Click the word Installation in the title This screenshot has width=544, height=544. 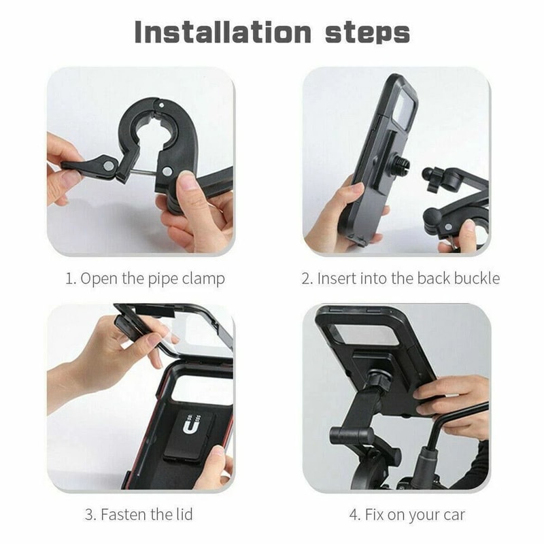tap(222, 32)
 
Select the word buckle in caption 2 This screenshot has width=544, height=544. tap(477, 278)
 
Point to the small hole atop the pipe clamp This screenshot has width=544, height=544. tap(161, 106)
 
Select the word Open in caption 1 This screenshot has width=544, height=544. tap(97, 278)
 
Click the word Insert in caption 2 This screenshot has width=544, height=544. tap(336, 278)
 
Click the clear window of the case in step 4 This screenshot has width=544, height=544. tap(364, 334)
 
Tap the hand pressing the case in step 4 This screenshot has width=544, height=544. tap(452, 398)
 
